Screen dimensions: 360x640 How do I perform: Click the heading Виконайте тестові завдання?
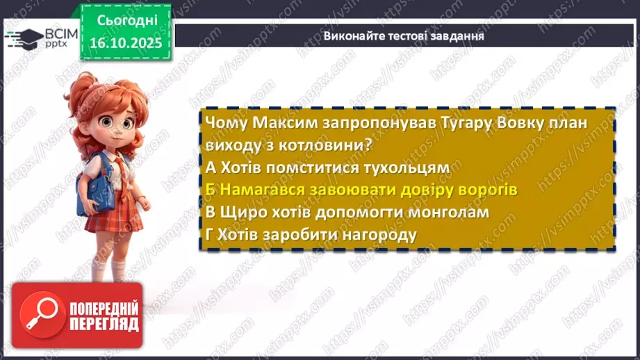pyautogui.click(x=404, y=37)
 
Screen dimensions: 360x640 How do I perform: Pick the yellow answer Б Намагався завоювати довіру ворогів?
pyautogui.click(x=361, y=190)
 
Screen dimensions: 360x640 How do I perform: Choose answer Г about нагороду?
pyautogui.click(x=311, y=234)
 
